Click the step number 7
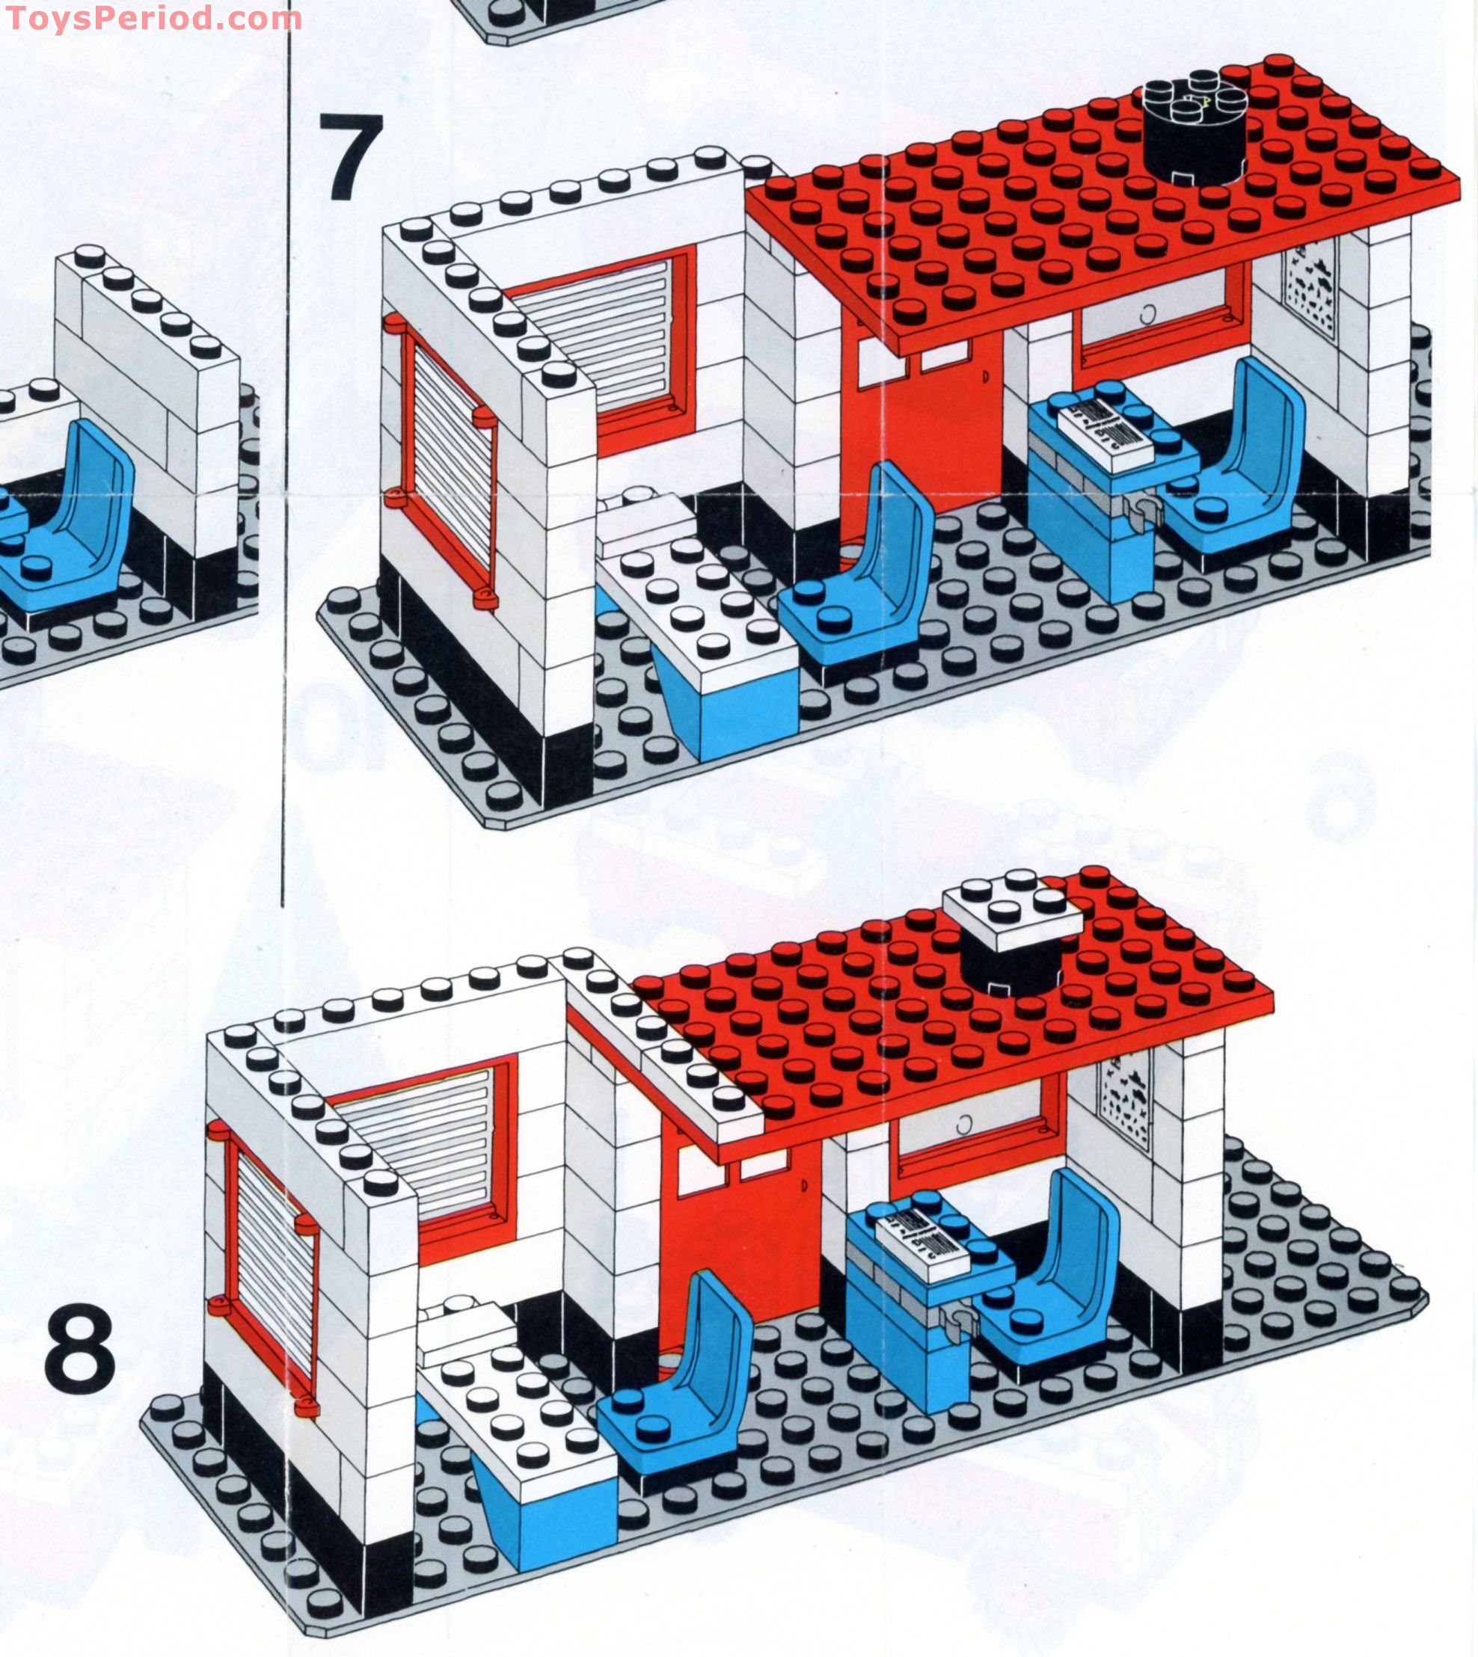351,157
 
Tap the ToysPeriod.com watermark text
152,18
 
